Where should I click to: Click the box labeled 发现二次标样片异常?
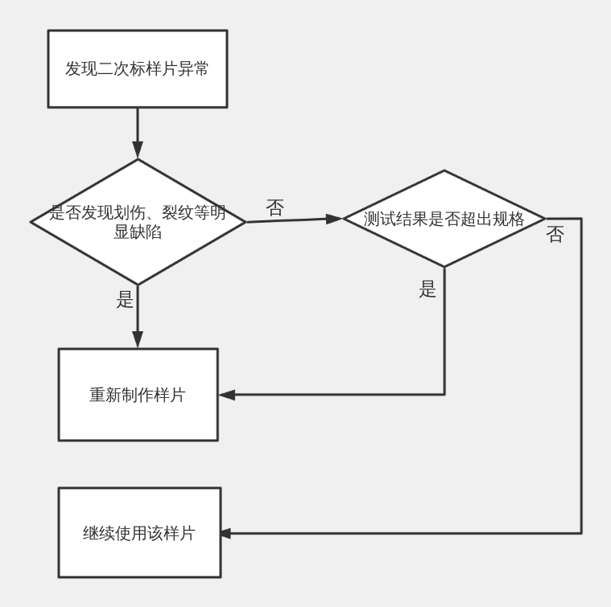138,68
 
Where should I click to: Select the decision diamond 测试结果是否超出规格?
444,219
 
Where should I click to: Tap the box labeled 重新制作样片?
138,394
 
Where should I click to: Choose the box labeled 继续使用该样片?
138,532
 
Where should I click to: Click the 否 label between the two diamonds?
275,207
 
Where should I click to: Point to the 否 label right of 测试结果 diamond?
555,235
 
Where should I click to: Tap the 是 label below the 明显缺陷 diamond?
125,301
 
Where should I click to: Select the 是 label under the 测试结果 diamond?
427,290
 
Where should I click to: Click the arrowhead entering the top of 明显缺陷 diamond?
138,150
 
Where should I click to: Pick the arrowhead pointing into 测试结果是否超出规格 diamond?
334,219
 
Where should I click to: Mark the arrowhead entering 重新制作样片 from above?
138,340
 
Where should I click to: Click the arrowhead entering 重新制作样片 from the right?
227,394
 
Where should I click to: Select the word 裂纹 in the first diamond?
176,213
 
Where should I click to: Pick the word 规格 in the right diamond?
508,219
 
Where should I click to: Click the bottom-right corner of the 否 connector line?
581,532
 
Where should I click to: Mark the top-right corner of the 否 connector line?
581,219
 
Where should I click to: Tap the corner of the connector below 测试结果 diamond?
444,394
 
